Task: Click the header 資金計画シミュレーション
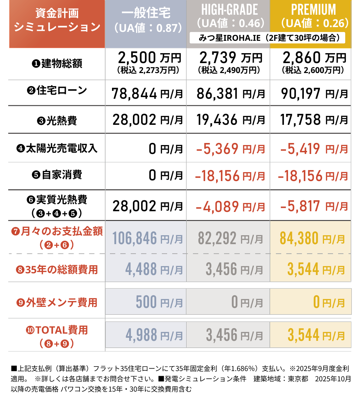coord(57,20)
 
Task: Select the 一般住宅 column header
coord(146,14)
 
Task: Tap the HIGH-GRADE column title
coord(229,10)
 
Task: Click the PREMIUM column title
coord(313,10)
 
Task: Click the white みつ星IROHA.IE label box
coord(267,38)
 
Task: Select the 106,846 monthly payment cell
coord(147,238)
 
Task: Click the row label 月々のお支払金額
coord(57,232)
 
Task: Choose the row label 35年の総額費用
coord(57,270)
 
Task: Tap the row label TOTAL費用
coord(57,330)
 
